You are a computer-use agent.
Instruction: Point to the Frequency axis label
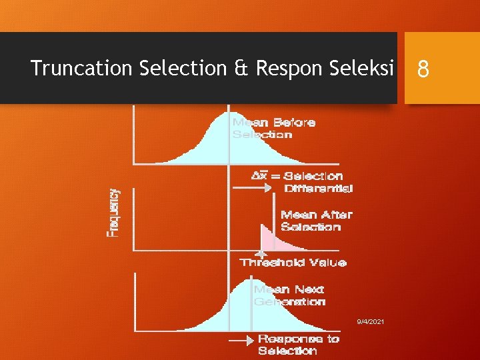[x=115, y=212]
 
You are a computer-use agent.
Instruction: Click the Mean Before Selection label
[x=273, y=128]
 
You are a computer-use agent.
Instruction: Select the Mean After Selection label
[x=316, y=221]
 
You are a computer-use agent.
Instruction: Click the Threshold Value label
[x=293, y=263]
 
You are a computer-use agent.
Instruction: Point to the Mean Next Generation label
[x=290, y=295]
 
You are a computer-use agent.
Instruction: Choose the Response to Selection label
[x=298, y=345]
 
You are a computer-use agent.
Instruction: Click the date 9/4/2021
[x=370, y=322]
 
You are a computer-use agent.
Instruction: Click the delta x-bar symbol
[x=259, y=177]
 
